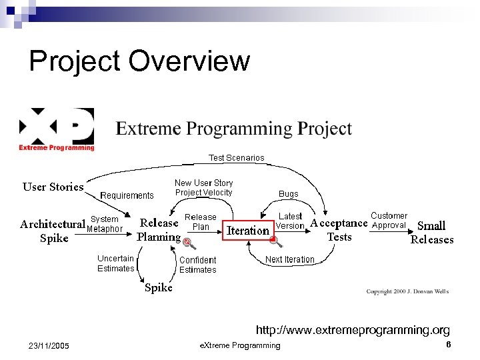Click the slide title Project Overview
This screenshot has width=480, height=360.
tap(139, 61)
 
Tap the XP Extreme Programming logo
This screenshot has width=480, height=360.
tap(57, 129)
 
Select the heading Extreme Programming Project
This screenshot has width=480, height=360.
tap(233, 128)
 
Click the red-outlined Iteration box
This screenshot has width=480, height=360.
tap(248, 231)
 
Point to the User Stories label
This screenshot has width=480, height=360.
tap(53, 187)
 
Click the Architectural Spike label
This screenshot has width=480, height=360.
tap(53, 231)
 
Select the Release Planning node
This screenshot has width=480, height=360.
tap(159, 229)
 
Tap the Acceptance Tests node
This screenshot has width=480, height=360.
tap(339, 230)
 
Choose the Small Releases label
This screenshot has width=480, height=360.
tap(431, 233)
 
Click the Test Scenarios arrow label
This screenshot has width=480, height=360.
tap(236, 158)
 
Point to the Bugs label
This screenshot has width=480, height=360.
tap(288, 194)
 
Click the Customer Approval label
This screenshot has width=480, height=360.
tap(389, 221)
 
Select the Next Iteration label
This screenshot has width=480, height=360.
tap(289, 259)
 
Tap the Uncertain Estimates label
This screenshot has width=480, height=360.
tap(115, 263)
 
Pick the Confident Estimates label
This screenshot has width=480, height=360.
tap(197, 265)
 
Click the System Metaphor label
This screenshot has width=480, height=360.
tap(105, 224)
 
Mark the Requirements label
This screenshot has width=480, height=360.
tap(127, 195)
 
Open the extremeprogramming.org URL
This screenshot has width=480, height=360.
tap(353, 330)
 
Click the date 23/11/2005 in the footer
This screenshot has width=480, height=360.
tap(51, 345)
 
